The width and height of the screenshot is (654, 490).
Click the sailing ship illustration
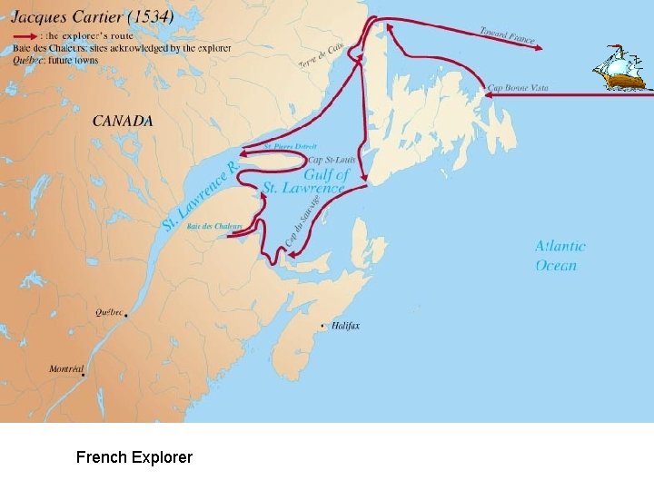click(620, 68)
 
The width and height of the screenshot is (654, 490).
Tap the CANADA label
click(123, 121)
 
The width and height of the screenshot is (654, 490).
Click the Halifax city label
click(345, 326)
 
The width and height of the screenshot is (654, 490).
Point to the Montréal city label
click(66, 369)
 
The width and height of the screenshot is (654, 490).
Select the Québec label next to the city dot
click(109, 312)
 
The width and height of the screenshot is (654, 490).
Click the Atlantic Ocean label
click(560, 255)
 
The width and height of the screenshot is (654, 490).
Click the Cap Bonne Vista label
click(518, 88)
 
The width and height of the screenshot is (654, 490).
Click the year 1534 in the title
click(153, 17)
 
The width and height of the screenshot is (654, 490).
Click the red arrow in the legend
click(26, 36)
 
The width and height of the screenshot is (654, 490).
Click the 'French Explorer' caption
click(134, 457)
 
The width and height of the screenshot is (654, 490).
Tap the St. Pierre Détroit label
click(290, 146)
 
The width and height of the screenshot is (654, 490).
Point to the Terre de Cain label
click(322, 54)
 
